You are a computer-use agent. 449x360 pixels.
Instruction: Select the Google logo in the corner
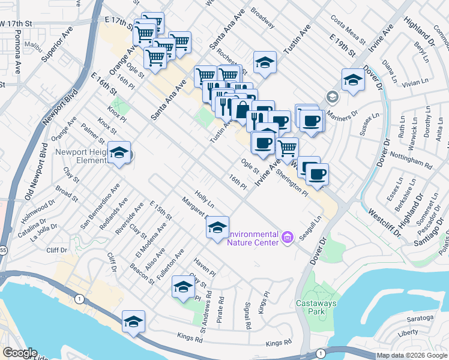tap(20, 353)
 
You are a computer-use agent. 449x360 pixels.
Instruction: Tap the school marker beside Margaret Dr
tap(217, 226)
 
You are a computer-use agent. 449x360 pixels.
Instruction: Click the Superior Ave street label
tap(53, 48)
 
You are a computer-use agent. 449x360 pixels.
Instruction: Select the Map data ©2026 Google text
tap(412, 355)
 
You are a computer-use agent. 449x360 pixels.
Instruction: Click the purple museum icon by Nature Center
tap(287, 238)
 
